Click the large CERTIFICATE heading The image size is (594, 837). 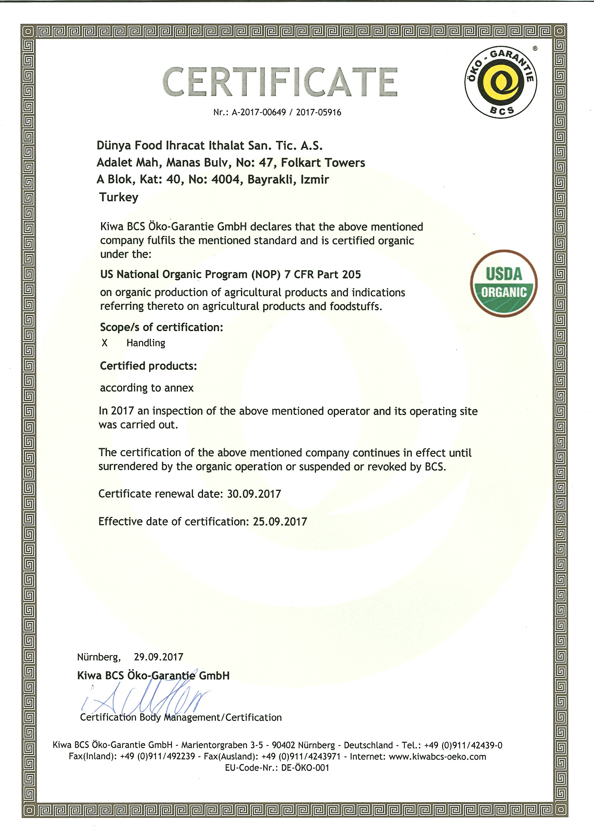pyautogui.click(x=280, y=82)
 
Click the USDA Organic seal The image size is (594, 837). pyautogui.click(x=504, y=283)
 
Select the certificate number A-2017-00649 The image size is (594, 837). pyautogui.click(x=259, y=113)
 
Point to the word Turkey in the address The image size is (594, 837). pyautogui.click(x=119, y=197)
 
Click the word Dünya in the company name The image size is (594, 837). pyautogui.click(x=114, y=145)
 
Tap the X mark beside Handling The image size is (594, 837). pyautogui.click(x=105, y=343)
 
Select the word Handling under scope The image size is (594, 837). pyautogui.click(x=146, y=343)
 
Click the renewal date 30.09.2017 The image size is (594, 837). pyautogui.click(x=254, y=494)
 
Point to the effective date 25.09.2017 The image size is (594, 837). pyautogui.click(x=280, y=521)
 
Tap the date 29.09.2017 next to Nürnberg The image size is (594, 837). pyautogui.click(x=159, y=657)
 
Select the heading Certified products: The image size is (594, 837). pyautogui.click(x=148, y=366)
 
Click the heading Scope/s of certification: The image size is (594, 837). pyautogui.click(x=161, y=327)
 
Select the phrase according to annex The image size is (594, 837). pyautogui.click(x=147, y=388)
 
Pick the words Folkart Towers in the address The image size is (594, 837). pyautogui.click(x=323, y=163)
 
